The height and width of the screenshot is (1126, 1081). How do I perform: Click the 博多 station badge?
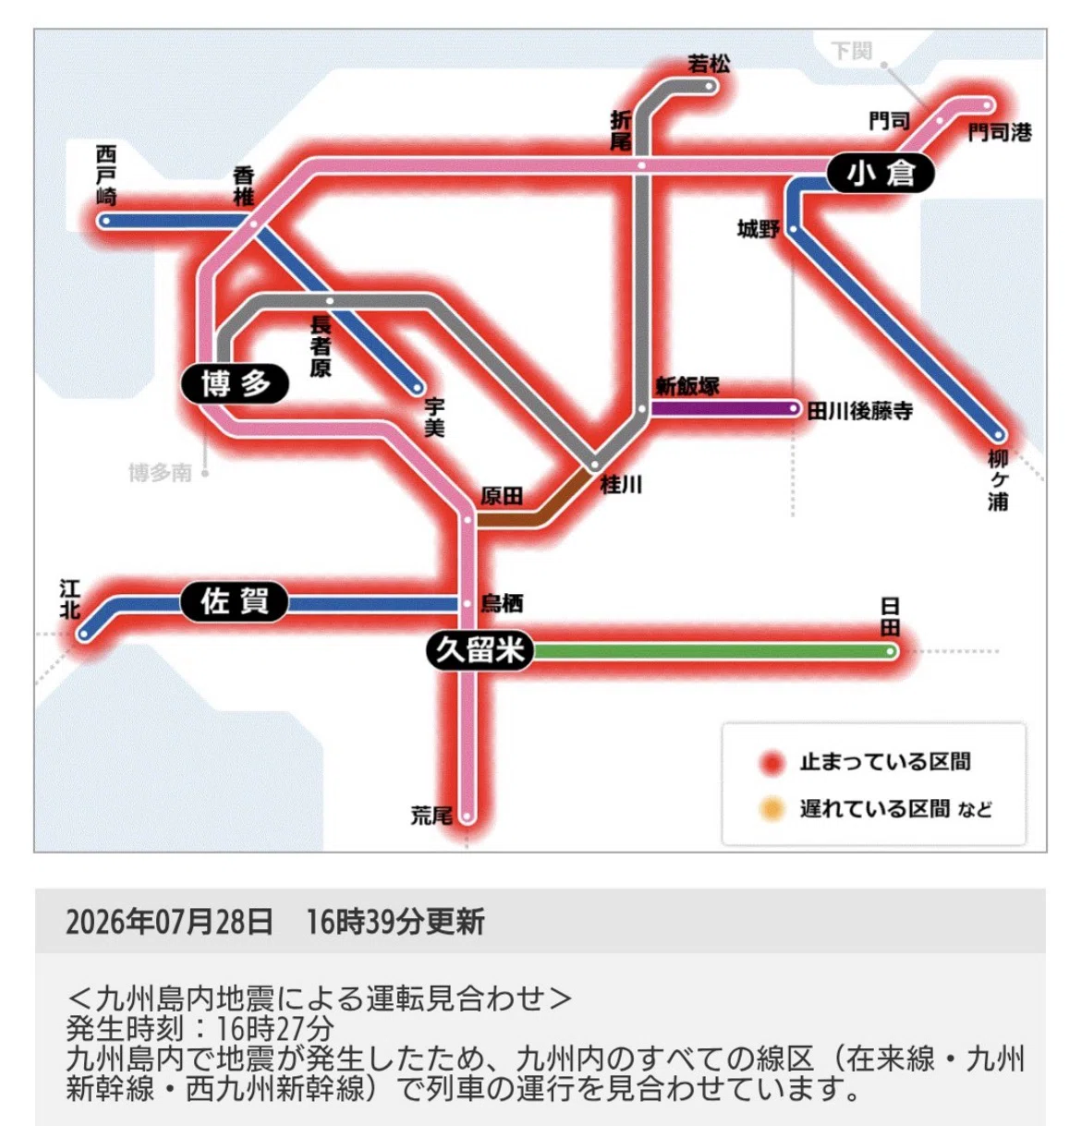click(235, 384)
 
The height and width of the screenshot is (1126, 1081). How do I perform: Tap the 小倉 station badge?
click(880, 173)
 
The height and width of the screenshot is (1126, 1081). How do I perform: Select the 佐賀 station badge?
click(234, 601)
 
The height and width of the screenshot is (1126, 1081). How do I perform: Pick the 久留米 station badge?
click(480, 650)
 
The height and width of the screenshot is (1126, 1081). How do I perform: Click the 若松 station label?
click(709, 63)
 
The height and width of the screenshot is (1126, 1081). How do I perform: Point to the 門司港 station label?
click(1000, 132)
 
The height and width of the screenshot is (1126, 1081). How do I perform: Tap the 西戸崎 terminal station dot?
click(105, 221)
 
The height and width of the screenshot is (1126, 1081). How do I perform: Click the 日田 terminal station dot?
click(891, 651)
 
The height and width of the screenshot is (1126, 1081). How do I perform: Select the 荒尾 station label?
click(431, 816)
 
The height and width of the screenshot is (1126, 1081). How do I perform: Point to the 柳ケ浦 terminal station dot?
click(998, 434)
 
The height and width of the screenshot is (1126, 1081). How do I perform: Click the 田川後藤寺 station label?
click(860, 411)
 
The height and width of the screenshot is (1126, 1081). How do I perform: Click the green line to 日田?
click(711, 651)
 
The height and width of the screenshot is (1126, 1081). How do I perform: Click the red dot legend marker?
click(771, 763)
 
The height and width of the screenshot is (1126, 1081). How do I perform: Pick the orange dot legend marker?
click(771, 809)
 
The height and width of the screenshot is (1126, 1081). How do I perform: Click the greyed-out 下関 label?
click(851, 51)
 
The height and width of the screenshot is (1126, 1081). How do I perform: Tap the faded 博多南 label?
click(160, 473)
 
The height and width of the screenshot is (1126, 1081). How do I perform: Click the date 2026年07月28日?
click(169, 921)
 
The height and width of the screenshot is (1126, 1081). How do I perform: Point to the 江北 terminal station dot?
click(84, 635)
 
